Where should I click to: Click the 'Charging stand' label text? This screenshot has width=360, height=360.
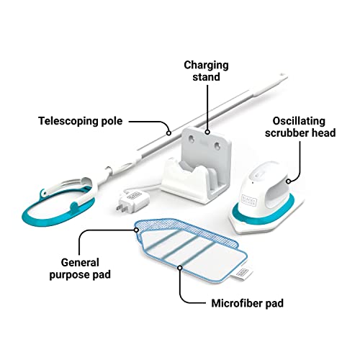(x=206, y=71)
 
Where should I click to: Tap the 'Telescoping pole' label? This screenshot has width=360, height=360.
(x=81, y=121)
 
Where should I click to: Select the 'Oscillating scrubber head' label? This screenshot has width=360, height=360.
(x=300, y=127)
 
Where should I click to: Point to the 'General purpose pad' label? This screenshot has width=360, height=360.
(x=80, y=269)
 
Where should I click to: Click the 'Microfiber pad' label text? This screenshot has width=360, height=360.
(x=248, y=303)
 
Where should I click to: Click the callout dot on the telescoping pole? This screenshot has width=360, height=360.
(x=168, y=132)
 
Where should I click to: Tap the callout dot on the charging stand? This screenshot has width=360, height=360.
(x=207, y=132)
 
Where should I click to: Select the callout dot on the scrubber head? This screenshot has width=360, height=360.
(x=289, y=181)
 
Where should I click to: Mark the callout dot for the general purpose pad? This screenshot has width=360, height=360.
(x=136, y=230)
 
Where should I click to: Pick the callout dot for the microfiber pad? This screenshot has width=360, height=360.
(x=180, y=268)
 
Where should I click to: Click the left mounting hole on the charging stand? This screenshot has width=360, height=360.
(x=192, y=138)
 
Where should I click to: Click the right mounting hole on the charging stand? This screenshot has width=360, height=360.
(x=217, y=145)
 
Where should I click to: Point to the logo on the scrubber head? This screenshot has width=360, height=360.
(x=249, y=200)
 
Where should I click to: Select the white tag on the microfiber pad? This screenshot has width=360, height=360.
(x=243, y=274)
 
